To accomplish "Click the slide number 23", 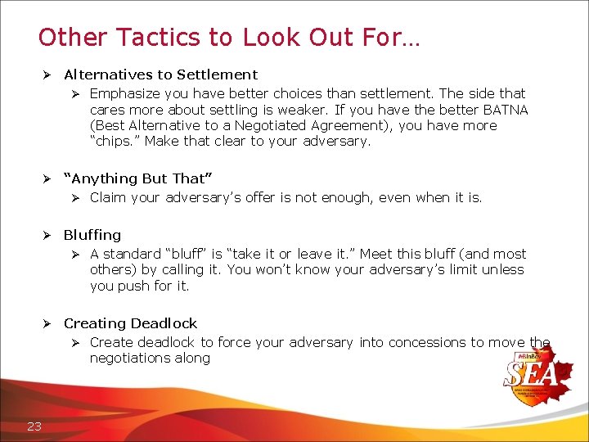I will point(34,425).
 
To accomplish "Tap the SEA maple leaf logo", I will point(539,373).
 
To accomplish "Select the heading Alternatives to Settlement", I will point(160,74).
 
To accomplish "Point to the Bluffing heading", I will point(92,235).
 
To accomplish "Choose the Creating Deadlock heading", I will point(130,323).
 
